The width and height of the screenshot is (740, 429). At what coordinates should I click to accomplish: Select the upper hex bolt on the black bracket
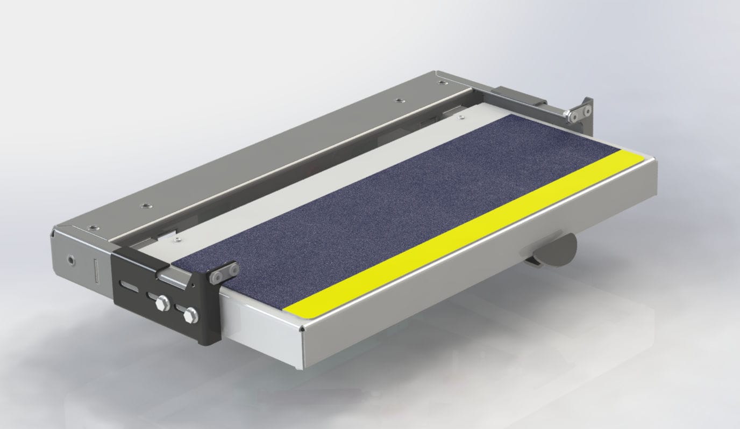[x=161, y=304]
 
